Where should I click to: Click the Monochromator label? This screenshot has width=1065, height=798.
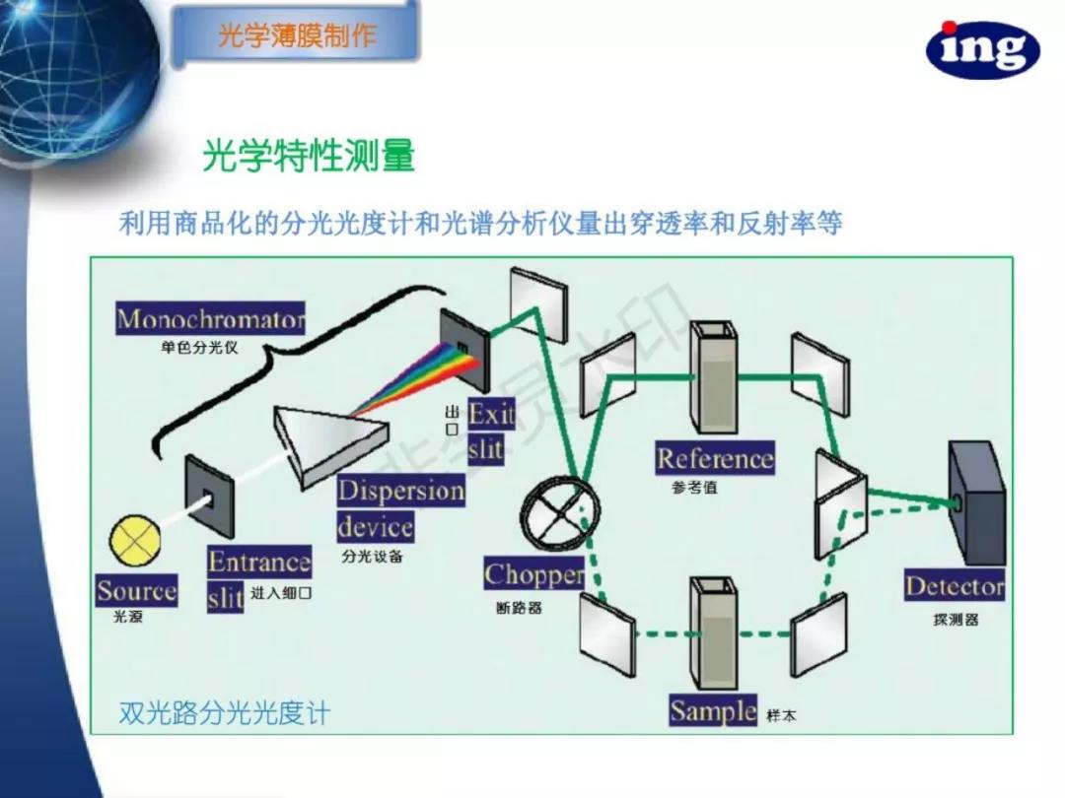210,319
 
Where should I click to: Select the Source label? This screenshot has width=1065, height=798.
136,591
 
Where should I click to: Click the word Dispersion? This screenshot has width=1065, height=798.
400,491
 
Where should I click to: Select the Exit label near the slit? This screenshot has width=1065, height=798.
491,414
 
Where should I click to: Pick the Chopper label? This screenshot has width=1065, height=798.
533,574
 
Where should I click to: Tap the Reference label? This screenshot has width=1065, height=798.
715,459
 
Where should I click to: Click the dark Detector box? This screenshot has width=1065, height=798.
976,502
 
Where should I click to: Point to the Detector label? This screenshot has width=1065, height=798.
955,587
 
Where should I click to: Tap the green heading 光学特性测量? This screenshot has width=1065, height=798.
309,156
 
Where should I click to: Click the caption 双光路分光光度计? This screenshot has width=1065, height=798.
224,712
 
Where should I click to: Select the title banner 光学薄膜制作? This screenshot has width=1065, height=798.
297,37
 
